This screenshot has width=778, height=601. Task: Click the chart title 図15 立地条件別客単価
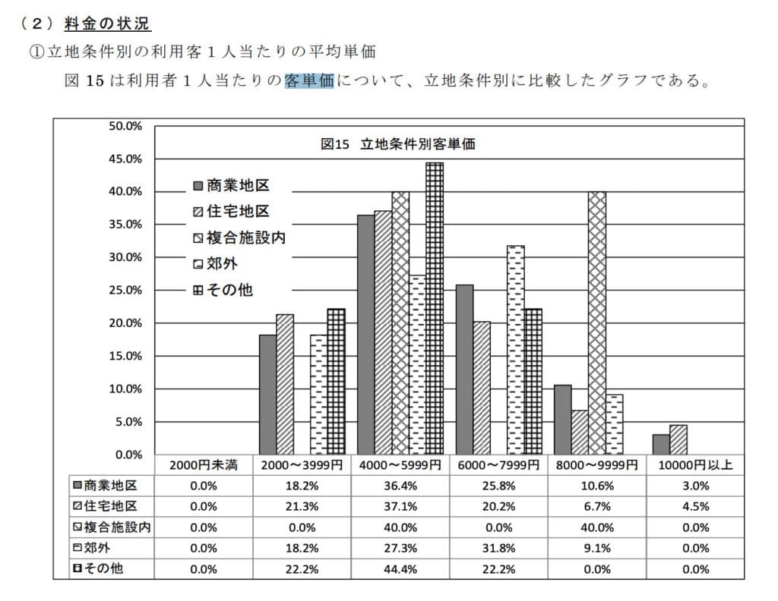(x=398, y=143)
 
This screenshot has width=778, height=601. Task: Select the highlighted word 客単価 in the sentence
(x=309, y=80)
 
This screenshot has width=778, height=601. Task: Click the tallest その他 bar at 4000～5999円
(x=435, y=307)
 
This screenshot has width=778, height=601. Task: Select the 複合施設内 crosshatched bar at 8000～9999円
(x=597, y=323)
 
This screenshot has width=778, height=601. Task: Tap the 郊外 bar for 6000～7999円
(x=515, y=349)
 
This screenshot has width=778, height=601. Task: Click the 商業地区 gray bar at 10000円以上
(x=661, y=444)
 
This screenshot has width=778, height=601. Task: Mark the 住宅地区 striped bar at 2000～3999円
(x=285, y=383)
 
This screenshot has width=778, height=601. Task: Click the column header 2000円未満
(x=204, y=464)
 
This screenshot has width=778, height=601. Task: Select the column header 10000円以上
(x=695, y=464)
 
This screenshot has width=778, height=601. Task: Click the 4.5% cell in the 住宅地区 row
(x=695, y=506)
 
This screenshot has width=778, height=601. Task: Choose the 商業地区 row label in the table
(x=103, y=485)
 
